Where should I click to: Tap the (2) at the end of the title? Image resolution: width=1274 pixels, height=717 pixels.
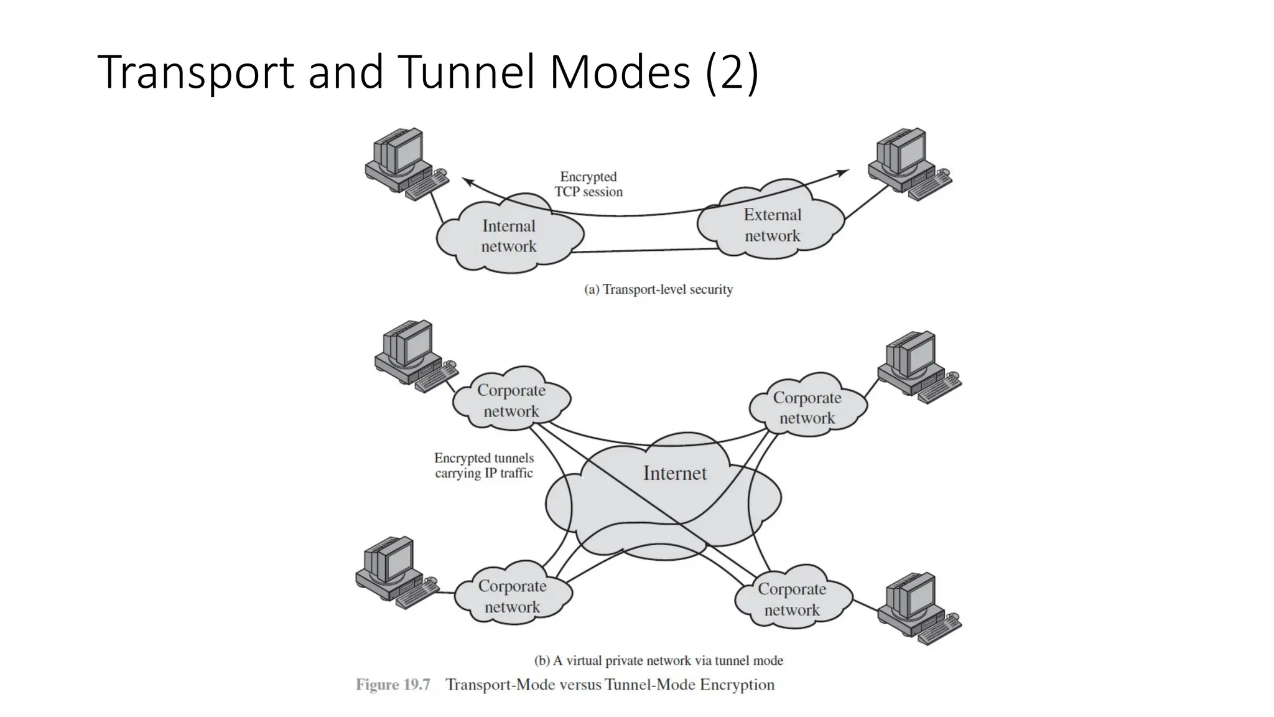coord(732,72)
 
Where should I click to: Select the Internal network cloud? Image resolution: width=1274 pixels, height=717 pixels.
coord(509,236)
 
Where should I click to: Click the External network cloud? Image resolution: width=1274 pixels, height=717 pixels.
coord(772,225)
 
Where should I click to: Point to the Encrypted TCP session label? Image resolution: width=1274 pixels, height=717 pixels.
coord(588,185)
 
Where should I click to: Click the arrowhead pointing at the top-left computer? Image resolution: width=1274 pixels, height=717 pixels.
coord(467,180)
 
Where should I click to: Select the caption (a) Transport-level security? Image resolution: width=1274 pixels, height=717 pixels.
coord(658,289)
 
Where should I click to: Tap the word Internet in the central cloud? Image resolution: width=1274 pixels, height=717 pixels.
coord(675,474)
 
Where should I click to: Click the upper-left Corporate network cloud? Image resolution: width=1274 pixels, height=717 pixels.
coord(511,400)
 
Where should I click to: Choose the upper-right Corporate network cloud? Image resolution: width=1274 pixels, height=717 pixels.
coord(807,408)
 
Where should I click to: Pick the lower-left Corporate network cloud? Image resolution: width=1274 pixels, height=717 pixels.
coord(512,596)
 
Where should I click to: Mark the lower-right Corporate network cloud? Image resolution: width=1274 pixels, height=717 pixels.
coord(792,599)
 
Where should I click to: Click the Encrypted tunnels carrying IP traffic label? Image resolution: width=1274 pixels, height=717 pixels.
coord(484,466)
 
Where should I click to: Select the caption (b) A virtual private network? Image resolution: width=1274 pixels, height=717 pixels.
coord(658,660)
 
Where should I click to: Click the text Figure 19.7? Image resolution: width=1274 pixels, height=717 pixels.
coord(393,685)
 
